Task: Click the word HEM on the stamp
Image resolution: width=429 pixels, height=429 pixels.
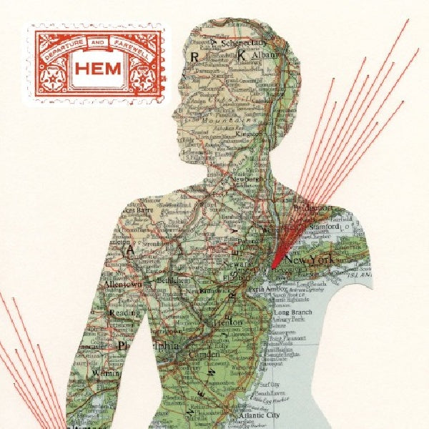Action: [94, 69]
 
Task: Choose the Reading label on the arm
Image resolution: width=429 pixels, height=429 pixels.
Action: [124, 312]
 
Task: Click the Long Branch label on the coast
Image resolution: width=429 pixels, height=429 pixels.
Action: [292, 312]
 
